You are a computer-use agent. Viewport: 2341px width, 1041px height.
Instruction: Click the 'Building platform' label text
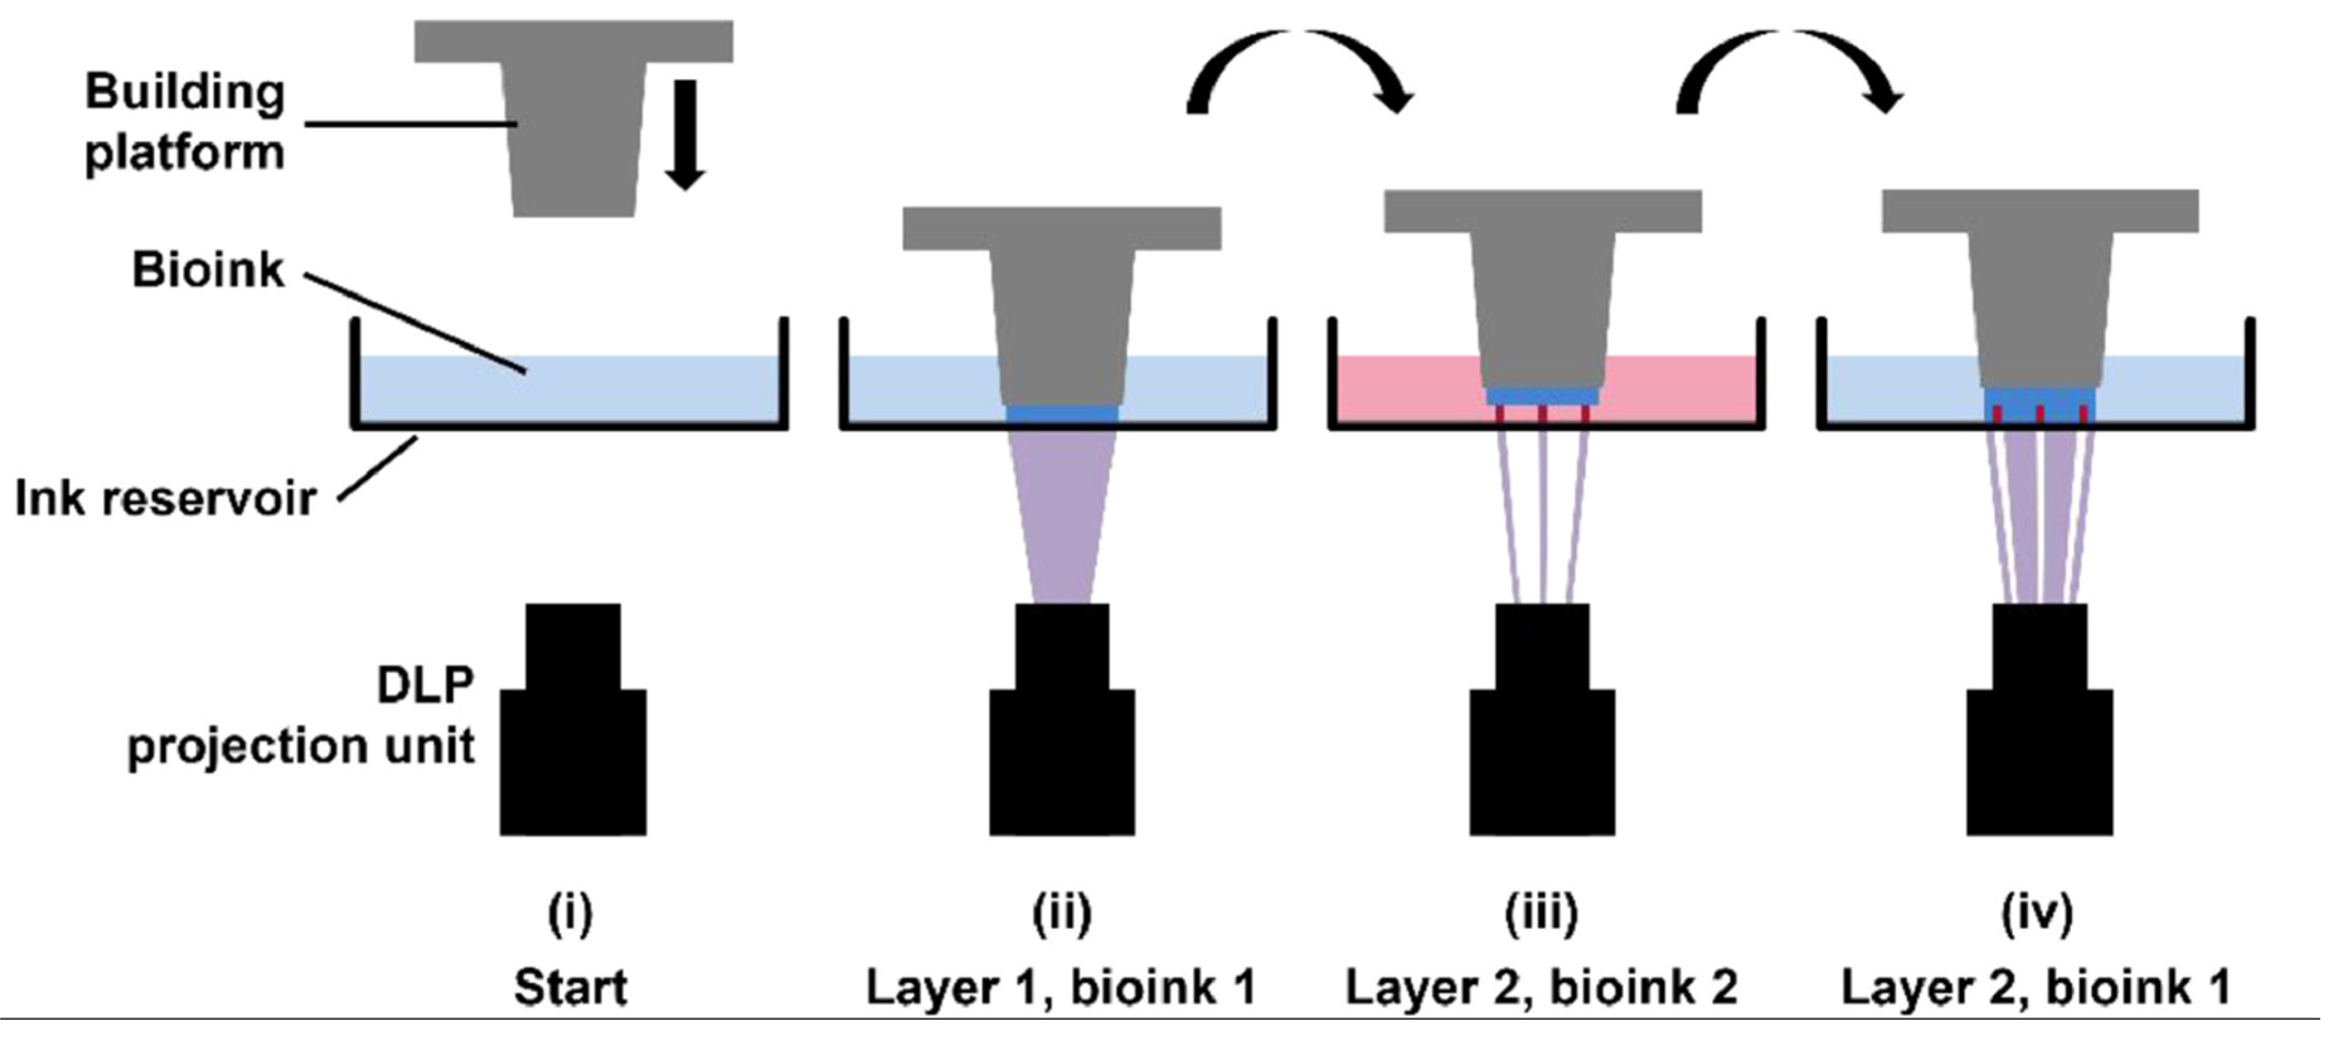click(x=185, y=123)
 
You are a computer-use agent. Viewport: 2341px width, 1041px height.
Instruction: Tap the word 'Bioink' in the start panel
click(x=208, y=271)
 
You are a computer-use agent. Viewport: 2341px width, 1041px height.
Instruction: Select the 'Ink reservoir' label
click(x=166, y=498)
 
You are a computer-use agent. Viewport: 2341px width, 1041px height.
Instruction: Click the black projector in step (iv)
click(x=2039, y=727)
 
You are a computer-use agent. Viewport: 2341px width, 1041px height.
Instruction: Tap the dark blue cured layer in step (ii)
click(x=1062, y=414)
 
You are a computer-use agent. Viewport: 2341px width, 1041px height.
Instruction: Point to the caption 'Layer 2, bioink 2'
click(x=1541, y=988)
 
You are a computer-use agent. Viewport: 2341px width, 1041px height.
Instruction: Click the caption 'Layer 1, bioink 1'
click(x=1062, y=988)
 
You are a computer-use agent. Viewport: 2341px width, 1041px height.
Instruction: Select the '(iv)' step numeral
click(x=2038, y=914)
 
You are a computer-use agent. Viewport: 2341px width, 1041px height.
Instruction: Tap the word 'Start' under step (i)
click(x=570, y=988)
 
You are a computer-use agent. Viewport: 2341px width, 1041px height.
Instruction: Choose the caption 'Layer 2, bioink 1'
click(x=2036, y=988)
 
